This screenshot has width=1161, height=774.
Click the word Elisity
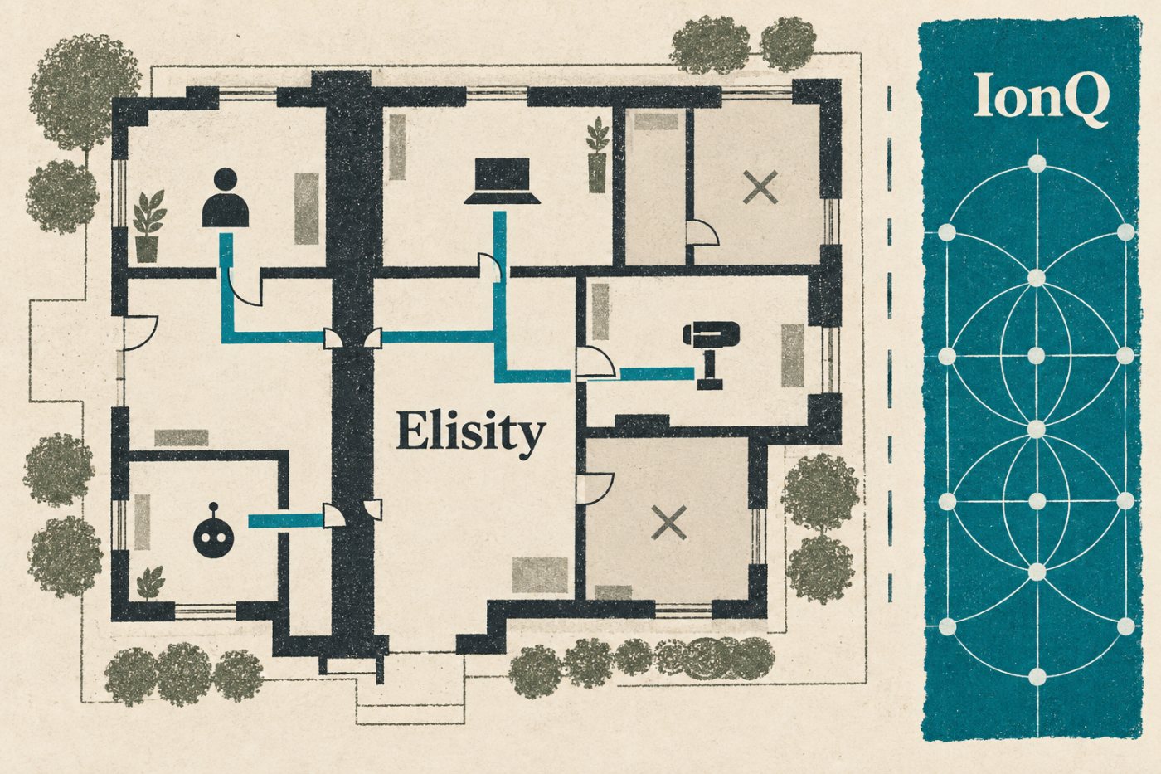click(471, 435)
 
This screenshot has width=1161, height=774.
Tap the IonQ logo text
click(1042, 100)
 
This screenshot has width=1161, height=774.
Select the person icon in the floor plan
click(226, 197)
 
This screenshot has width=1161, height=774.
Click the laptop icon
click(503, 181)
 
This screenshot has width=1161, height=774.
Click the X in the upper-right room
click(760, 187)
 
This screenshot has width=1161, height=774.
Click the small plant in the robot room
click(150, 584)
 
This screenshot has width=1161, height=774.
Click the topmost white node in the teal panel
click(1037, 163)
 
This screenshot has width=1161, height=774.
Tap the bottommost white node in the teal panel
click(1037, 675)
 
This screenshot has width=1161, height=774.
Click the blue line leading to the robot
click(286, 520)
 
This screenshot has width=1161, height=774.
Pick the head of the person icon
click(226, 180)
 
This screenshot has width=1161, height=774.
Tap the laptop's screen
click(503, 175)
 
